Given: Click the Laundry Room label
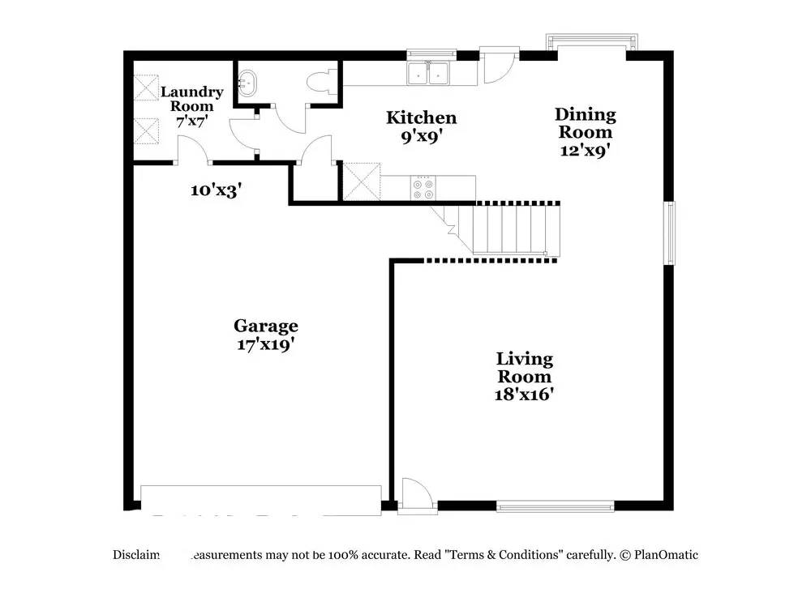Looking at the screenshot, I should coord(191,99).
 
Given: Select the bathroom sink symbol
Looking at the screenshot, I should coord(247,81).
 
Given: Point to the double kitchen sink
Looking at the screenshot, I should coord(429,73).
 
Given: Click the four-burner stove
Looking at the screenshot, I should coord(423,189).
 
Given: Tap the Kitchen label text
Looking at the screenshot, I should coord(420,118).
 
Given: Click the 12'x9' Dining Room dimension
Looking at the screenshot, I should coord(585,150).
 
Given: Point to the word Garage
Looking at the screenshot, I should coord(265,326).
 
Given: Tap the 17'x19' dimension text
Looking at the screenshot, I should coord(265,344).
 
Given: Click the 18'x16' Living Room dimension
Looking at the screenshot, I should coord(524,395).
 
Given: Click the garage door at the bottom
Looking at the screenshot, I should coord(260,499).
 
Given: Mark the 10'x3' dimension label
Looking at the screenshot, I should coord(215,191).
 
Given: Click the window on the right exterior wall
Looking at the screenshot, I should coord(670,233).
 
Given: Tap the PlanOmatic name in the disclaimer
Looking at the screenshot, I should coord(666,555).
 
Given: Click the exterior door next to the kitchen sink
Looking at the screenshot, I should coord(493,65).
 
